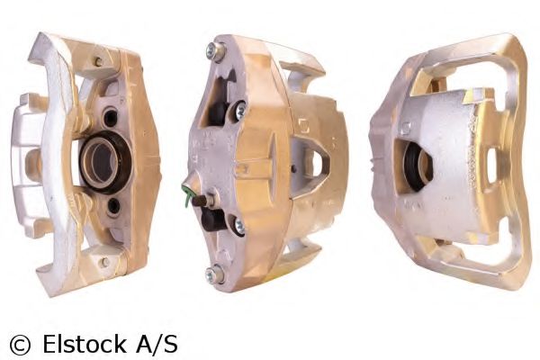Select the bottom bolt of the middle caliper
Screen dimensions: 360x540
click(215, 274)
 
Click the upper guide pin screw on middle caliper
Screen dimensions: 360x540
click(239, 111)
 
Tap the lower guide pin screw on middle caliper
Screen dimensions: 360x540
click(238, 226)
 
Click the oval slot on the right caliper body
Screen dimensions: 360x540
click(490, 166)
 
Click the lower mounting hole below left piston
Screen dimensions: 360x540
click(113, 205)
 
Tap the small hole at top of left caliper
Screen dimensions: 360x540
click(97, 62)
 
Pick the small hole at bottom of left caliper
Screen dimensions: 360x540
click(105, 262)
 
